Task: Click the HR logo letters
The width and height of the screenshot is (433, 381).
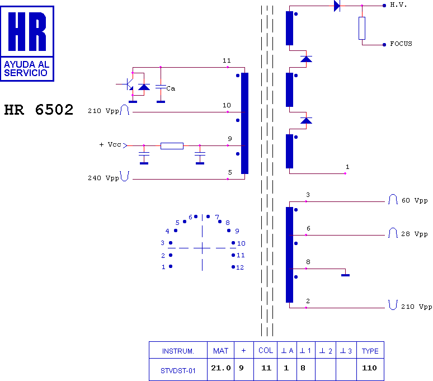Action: tap(27, 31)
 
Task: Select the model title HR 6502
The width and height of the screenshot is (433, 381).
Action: tap(39, 110)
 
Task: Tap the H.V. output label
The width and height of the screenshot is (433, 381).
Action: tap(398, 4)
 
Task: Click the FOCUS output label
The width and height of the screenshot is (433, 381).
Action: tap(401, 44)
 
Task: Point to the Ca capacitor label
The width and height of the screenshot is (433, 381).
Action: tap(171, 88)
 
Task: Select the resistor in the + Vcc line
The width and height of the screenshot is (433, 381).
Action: tap(172, 146)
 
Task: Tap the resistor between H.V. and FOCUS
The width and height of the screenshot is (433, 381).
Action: tap(362, 28)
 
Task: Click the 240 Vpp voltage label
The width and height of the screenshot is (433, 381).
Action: tap(103, 178)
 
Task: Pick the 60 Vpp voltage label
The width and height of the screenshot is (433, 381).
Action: tap(415, 200)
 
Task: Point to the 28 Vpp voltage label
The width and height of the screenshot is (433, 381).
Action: tap(415, 234)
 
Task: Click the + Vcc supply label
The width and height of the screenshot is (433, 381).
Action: tap(110, 145)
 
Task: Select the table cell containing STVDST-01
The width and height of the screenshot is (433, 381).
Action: tap(178, 369)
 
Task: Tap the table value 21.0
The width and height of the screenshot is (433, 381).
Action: tap(220, 368)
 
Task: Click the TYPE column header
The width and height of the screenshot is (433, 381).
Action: tap(370, 351)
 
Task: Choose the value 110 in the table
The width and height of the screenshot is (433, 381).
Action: tap(369, 368)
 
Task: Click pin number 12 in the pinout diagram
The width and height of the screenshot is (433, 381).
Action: tap(240, 267)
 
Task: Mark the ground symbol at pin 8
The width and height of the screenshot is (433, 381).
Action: tap(346, 275)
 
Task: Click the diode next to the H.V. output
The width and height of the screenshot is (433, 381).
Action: tap(337, 6)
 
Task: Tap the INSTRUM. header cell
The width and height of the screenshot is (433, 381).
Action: tap(178, 351)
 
